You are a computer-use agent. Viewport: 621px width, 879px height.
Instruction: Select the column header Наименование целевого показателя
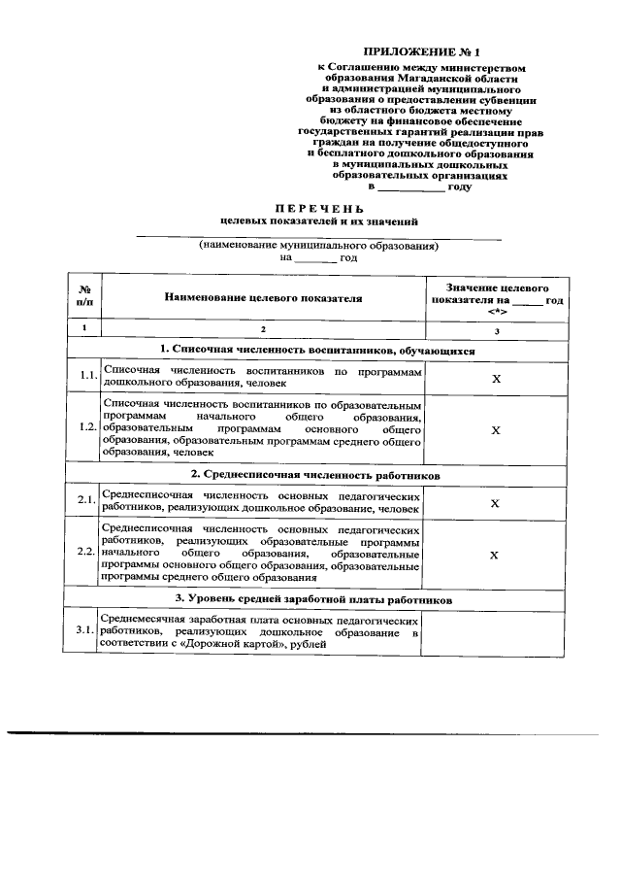[263, 298]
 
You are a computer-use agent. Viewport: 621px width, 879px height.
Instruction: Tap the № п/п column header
[84, 298]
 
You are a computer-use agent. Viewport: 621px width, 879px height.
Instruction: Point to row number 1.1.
[86, 376]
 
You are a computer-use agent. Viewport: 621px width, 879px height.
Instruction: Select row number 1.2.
[86, 428]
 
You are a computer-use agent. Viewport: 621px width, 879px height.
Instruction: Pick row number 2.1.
[86, 501]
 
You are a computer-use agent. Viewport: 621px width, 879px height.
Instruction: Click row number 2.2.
[86, 553]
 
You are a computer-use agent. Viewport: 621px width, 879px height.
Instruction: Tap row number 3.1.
[86, 631]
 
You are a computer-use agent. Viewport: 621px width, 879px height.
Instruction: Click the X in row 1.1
[495, 378]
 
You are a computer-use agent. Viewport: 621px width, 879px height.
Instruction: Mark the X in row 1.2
[495, 429]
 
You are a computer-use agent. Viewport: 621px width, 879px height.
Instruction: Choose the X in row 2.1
[495, 503]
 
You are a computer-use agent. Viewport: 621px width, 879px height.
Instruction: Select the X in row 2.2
[495, 555]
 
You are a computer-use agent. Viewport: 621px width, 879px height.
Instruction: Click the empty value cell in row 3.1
[495, 632]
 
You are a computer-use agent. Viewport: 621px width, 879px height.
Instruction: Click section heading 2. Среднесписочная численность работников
[315, 476]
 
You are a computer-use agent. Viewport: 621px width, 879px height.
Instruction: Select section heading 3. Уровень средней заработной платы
[315, 599]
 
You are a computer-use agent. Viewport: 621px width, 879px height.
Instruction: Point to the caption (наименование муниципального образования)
[318, 246]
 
